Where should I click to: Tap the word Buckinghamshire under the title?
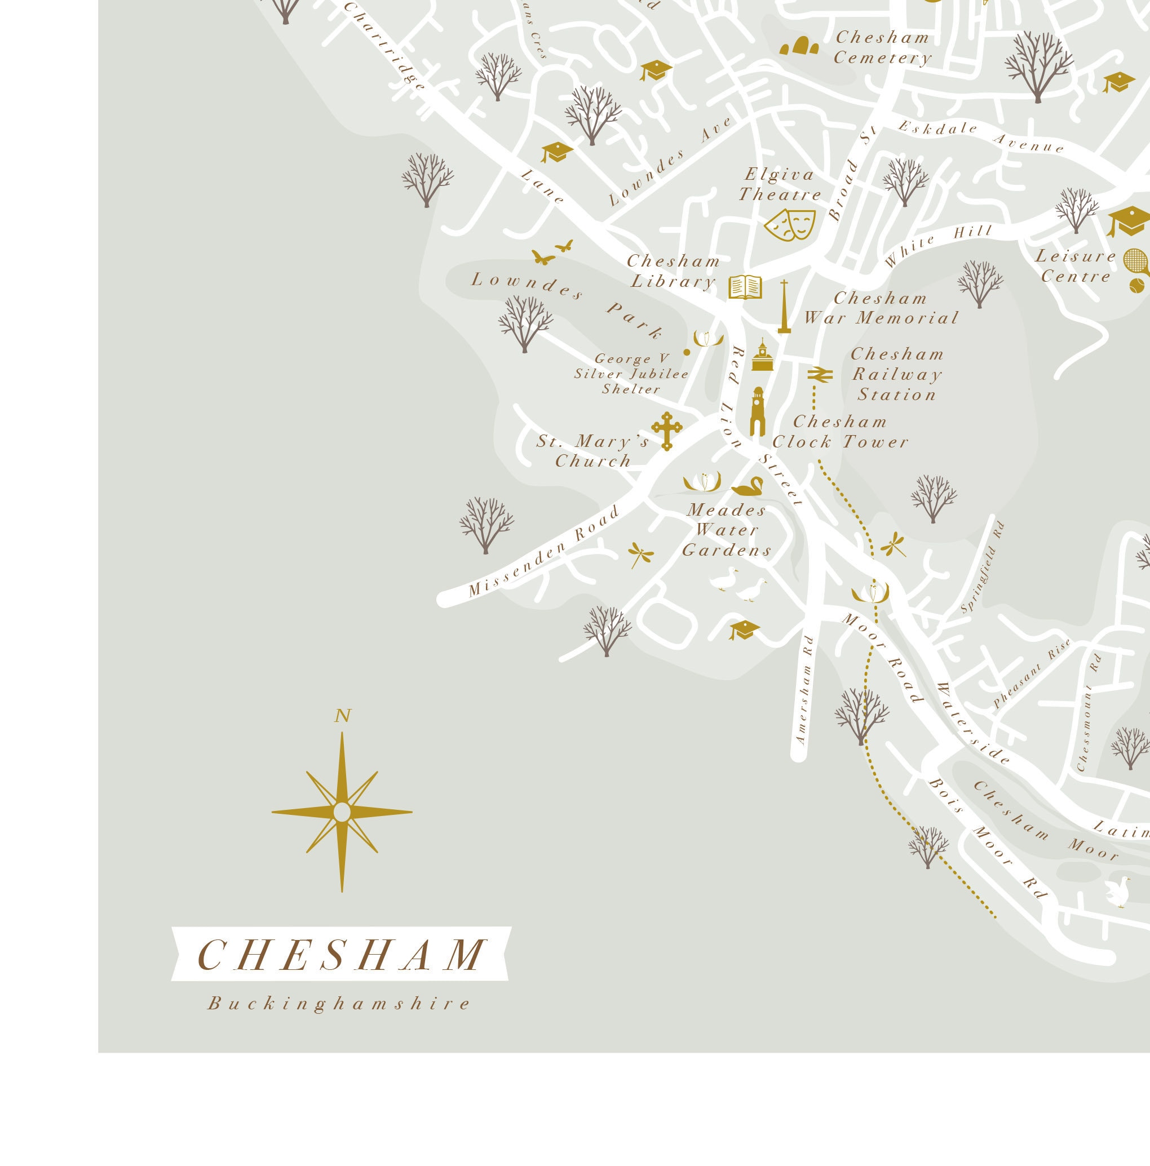[339, 1004]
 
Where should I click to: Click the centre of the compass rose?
[342, 812]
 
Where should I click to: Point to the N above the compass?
[342, 716]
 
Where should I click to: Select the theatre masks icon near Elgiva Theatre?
[790, 224]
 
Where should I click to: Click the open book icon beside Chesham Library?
[745, 287]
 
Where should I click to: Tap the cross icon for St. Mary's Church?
[666, 431]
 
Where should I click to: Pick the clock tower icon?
[758, 411]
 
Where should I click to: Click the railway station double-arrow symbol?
[820, 374]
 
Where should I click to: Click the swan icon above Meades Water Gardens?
[747, 486]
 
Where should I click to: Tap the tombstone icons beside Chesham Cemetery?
[800, 46]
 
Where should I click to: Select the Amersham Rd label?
[804, 689]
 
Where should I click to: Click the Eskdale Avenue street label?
[980, 136]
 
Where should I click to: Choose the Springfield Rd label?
[983, 568]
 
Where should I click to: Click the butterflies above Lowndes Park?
[552, 253]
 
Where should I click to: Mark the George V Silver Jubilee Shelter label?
[631, 374]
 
